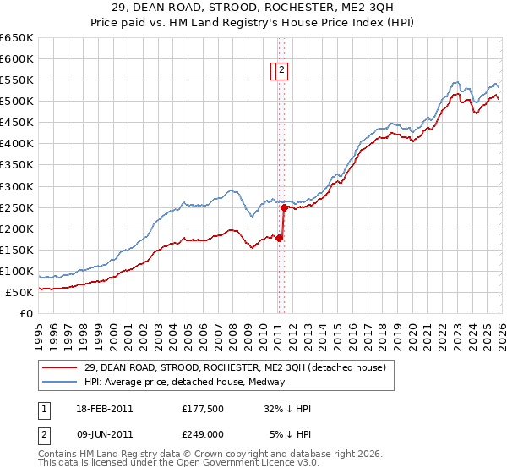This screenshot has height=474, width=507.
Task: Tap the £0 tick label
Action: pos(25,314)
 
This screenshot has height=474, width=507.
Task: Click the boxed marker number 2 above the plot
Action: pos(282,71)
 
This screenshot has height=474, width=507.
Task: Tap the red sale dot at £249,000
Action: pos(284,207)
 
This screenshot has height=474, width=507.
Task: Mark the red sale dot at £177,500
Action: pos(280,238)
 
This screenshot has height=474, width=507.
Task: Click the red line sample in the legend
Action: pos(60,367)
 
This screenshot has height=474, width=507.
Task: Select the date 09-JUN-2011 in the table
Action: pos(105,435)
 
